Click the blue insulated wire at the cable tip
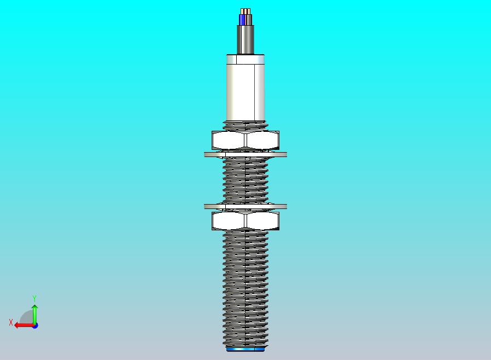click(x=242, y=20)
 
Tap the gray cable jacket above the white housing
click(x=245, y=40)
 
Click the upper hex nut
click(x=245, y=140)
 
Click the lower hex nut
click(x=245, y=221)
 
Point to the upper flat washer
click(x=245, y=154)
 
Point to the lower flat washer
click(x=245, y=206)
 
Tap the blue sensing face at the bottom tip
click(x=245, y=349)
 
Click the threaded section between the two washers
click(x=245, y=181)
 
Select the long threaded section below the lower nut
click(x=245, y=288)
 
